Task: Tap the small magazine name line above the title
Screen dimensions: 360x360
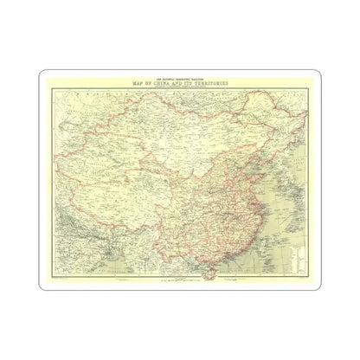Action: tap(181, 78)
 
